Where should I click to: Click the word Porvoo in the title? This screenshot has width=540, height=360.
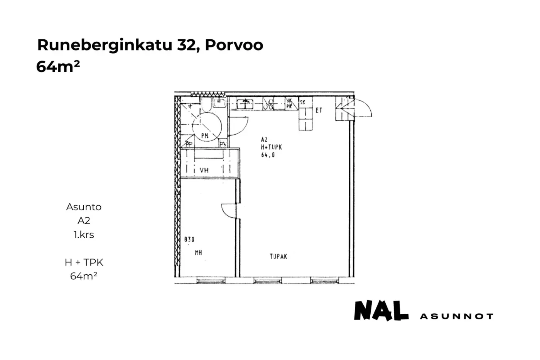pyautogui.click(x=234, y=45)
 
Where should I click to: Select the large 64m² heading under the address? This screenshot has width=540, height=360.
pyautogui.click(x=58, y=66)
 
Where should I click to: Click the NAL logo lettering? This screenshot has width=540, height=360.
pyautogui.click(x=381, y=311)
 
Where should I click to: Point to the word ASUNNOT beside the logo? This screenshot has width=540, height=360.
pyautogui.click(x=456, y=316)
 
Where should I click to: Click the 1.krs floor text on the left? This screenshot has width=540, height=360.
pyautogui.click(x=84, y=235)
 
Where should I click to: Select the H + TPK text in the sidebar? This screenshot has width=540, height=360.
pyautogui.click(x=84, y=262)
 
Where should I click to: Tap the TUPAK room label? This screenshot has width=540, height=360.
pyautogui.click(x=278, y=256)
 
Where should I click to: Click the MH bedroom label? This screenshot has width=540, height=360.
pyautogui.click(x=198, y=253)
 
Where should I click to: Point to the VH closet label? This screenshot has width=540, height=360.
pyautogui.click(x=204, y=170)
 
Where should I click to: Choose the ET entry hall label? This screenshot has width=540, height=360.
pyautogui.click(x=319, y=110)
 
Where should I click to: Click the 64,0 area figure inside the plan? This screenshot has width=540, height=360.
pyautogui.click(x=268, y=155)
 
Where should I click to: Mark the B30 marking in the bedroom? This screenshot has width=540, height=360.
pyautogui.click(x=189, y=240)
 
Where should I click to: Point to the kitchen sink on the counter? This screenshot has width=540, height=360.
pyautogui.click(x=244, y=103)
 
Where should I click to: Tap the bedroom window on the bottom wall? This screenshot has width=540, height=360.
pyautogui.click(x=208, y=281)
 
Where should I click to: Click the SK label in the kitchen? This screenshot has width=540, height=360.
pyautogui.click(x=302, y=102)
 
